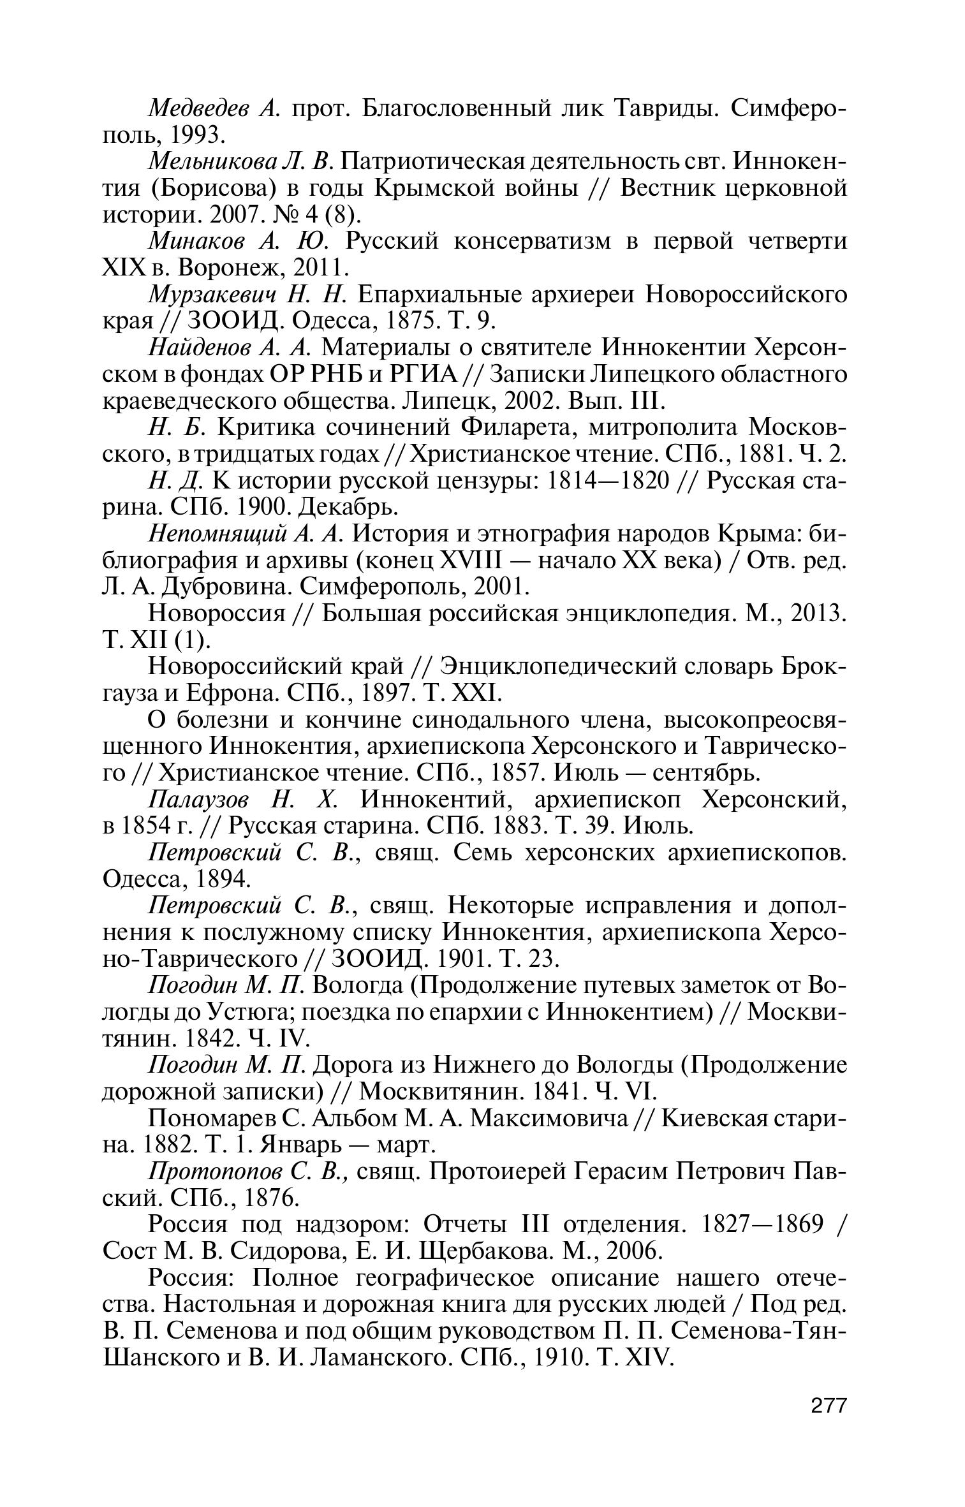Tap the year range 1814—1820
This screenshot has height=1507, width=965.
(608, 480)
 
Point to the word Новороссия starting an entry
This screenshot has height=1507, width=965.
(216, 614)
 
